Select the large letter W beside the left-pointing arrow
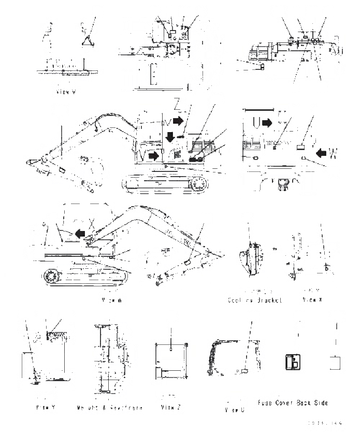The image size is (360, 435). coord(332,153)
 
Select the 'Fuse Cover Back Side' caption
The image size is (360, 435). coord(293,402)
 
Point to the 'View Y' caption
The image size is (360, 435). coord(46,407)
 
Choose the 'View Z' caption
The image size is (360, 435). coord(171,407)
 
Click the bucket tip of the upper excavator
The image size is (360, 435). coord(27,162)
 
